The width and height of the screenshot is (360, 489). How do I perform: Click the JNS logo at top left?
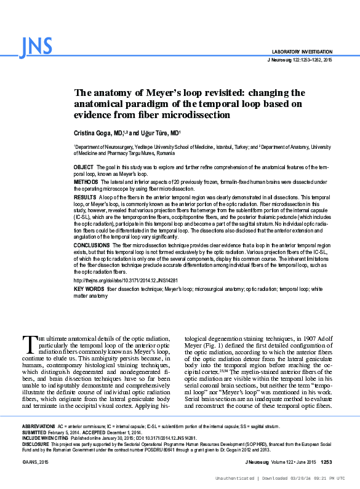(36, 46)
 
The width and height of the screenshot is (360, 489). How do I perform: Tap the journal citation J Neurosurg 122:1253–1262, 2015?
(300, 60)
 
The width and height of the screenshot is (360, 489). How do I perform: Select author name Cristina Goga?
(94, 132)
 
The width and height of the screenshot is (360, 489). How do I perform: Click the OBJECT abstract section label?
(83, 167)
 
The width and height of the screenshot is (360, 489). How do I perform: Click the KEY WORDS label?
(88, 288)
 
